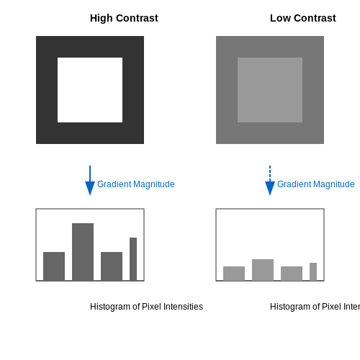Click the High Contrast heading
tap(124, 18)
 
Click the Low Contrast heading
tap(303, 18)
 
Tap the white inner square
tap(90, 90)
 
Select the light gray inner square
tap(270, 90)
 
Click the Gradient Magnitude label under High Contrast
tap(136, 184)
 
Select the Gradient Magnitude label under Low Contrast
tap(316, 184)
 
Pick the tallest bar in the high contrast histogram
tap(83, 252)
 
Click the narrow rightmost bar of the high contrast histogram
tap(133, 259)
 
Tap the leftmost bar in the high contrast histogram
tap(54, 266)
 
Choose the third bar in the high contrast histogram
tap(112, 266)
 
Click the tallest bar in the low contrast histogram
tap(263, 270)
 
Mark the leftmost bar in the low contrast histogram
tap(234, 274)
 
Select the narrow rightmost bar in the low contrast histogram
tap(313, 271)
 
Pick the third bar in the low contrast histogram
tap(292, 274)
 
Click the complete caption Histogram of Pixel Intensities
tap(146, 307)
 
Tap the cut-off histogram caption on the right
tap(315, 307)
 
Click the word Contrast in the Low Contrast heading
tap(315, 18)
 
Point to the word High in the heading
tap(102, 19)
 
